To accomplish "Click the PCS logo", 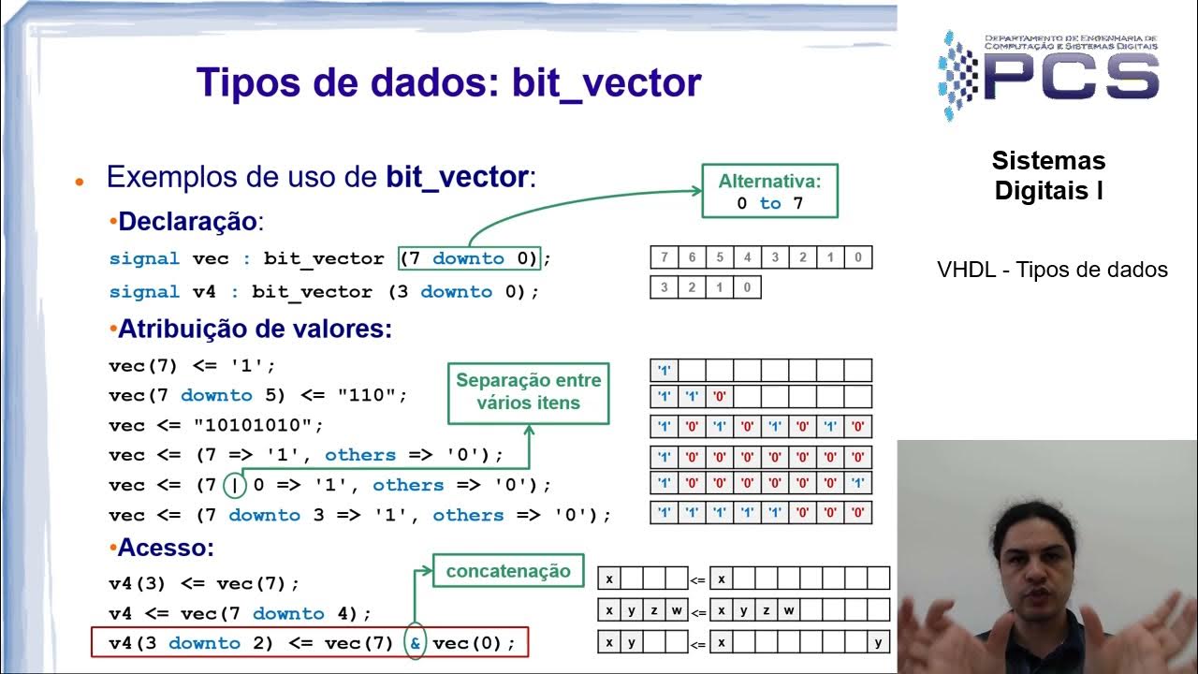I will point(1049,76).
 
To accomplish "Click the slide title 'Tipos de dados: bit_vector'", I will point(448,82).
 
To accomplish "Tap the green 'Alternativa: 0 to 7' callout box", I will point(769,191).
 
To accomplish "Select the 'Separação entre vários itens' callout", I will point(529,392).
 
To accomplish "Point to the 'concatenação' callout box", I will point(508,571).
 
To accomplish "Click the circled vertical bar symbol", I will point(235,485).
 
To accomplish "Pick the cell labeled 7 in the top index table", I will point(665,257).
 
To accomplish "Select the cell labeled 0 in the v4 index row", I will point(747,287).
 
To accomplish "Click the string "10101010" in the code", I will point(258,425).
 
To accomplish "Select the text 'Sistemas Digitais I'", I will point(1048,176).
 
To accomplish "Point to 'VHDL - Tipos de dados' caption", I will point(1052,271).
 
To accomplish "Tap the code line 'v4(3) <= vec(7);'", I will point(204,583).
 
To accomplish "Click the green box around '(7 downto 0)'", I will point(469,258).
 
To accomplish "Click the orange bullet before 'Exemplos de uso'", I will point(80,181).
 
